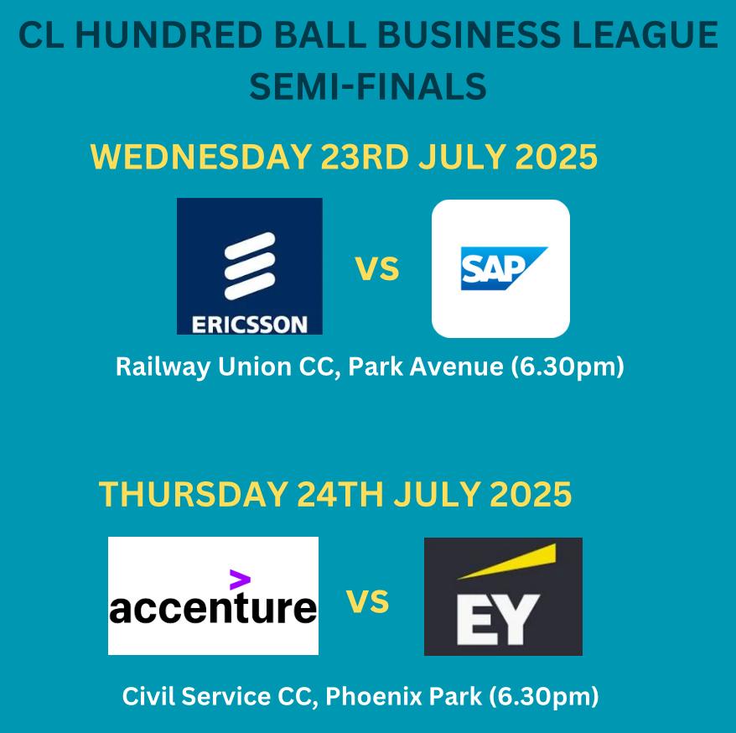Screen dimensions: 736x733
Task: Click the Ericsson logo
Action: [249, 266]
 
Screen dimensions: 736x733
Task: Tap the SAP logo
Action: [500, 268]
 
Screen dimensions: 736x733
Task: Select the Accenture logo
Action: [213, 595]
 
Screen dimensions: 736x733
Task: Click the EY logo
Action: [503, 596]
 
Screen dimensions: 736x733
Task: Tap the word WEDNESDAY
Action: [201, 157]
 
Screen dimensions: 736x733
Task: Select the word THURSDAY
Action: [193, 494]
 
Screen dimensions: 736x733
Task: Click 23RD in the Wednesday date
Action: [365, 157]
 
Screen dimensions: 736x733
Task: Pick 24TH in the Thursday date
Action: [340, 494]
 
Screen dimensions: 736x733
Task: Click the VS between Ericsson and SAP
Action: [377, 269]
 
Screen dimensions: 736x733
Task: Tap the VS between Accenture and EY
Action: [367, 601]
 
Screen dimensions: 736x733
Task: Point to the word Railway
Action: [163, 367]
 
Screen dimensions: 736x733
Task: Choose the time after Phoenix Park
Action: [544, 696]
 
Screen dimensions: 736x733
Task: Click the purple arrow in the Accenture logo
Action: [240, 580]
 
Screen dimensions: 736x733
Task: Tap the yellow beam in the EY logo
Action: [507, 562]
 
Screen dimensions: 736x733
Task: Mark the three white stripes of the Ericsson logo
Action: [250, 266]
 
